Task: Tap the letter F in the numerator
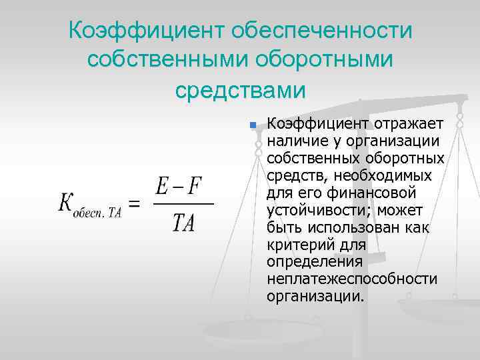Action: click(195, 186)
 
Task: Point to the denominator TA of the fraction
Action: click(183, 223)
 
